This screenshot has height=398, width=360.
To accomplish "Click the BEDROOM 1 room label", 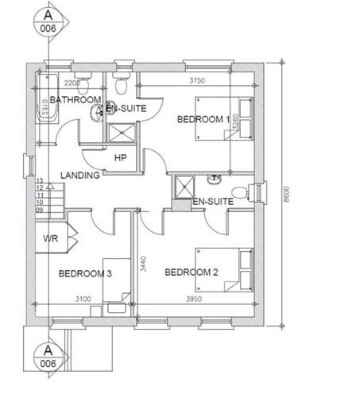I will pos(203,119).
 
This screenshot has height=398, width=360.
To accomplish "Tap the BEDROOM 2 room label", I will pos(191,272).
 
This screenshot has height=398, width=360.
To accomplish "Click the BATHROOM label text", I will pos(75,99).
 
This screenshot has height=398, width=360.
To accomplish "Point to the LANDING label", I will pos(79,175).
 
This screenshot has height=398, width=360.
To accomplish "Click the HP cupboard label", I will pos(121,158).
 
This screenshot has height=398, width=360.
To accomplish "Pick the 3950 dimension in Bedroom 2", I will pos(194,299).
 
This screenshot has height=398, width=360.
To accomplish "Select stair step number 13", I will pos(39,181).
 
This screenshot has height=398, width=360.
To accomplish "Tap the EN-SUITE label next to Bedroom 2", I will pos(213,202).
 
